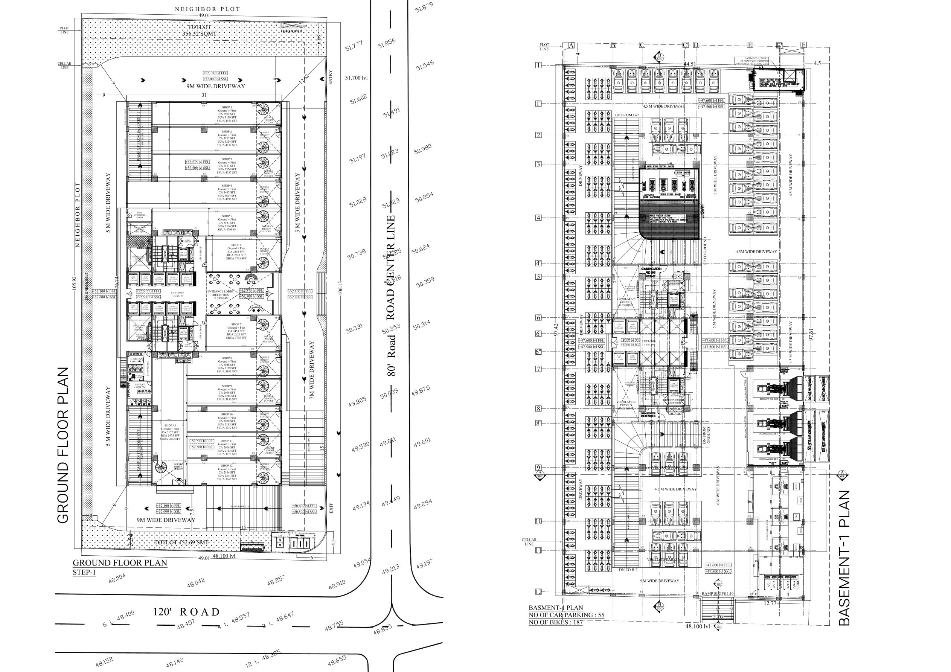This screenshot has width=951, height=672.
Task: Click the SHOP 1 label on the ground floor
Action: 226,107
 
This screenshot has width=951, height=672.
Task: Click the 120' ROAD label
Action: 186,612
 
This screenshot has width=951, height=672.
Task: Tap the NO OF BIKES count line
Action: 555,622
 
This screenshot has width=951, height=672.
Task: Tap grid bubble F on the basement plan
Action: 803,45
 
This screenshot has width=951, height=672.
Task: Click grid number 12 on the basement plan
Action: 538,592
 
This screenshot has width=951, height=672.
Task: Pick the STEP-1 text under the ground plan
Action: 84,573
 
